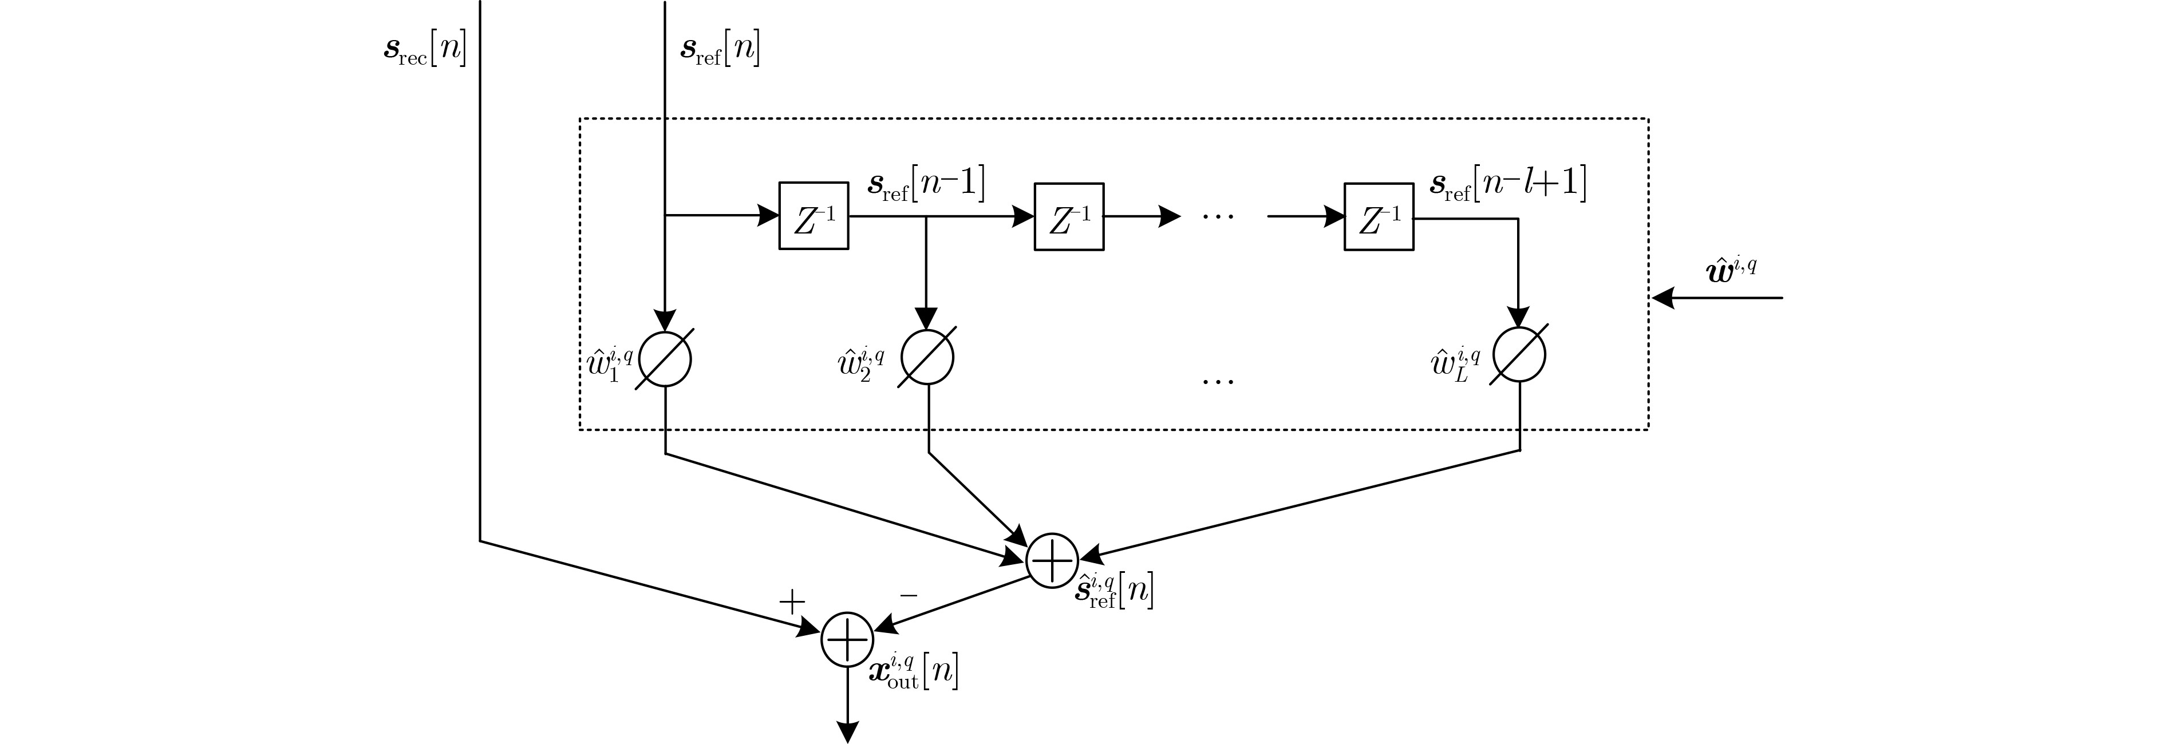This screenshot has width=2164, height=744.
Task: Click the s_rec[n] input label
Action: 424,50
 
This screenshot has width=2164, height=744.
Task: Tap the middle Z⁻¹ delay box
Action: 1069,217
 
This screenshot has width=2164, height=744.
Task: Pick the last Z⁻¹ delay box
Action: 1379,217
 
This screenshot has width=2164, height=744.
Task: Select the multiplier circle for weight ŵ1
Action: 665,359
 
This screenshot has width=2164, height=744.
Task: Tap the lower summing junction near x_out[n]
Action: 847,640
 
